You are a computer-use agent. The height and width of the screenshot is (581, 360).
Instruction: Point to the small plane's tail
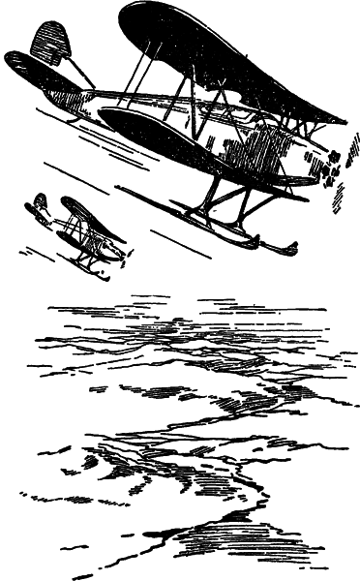tap(39, 205)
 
